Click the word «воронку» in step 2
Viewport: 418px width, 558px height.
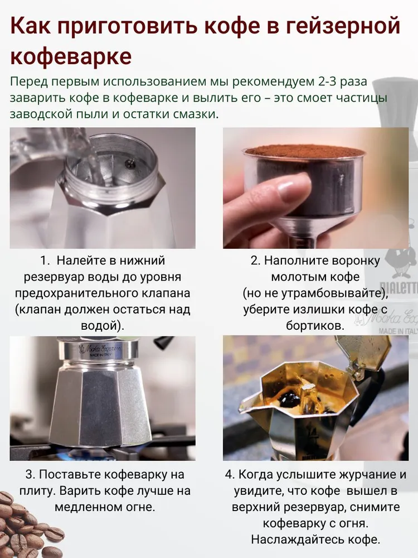[356, 261]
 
